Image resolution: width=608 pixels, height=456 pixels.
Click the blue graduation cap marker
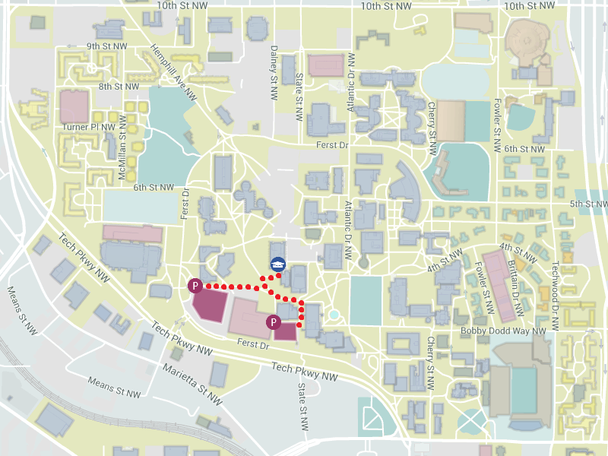point(279,264)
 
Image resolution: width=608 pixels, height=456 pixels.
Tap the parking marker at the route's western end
point(195,286)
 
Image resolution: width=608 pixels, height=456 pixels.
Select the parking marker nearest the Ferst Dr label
point(273,322)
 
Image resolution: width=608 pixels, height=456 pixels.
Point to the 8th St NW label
point(119,87)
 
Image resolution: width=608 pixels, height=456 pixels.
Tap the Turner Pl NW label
point(89,127)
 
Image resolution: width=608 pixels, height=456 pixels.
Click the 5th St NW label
point(588,204)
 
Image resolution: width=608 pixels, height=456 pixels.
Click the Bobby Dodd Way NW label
point(503,331)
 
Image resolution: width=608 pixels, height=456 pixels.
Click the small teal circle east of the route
point(334,315)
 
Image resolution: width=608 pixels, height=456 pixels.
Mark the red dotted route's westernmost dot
point(207,287)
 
